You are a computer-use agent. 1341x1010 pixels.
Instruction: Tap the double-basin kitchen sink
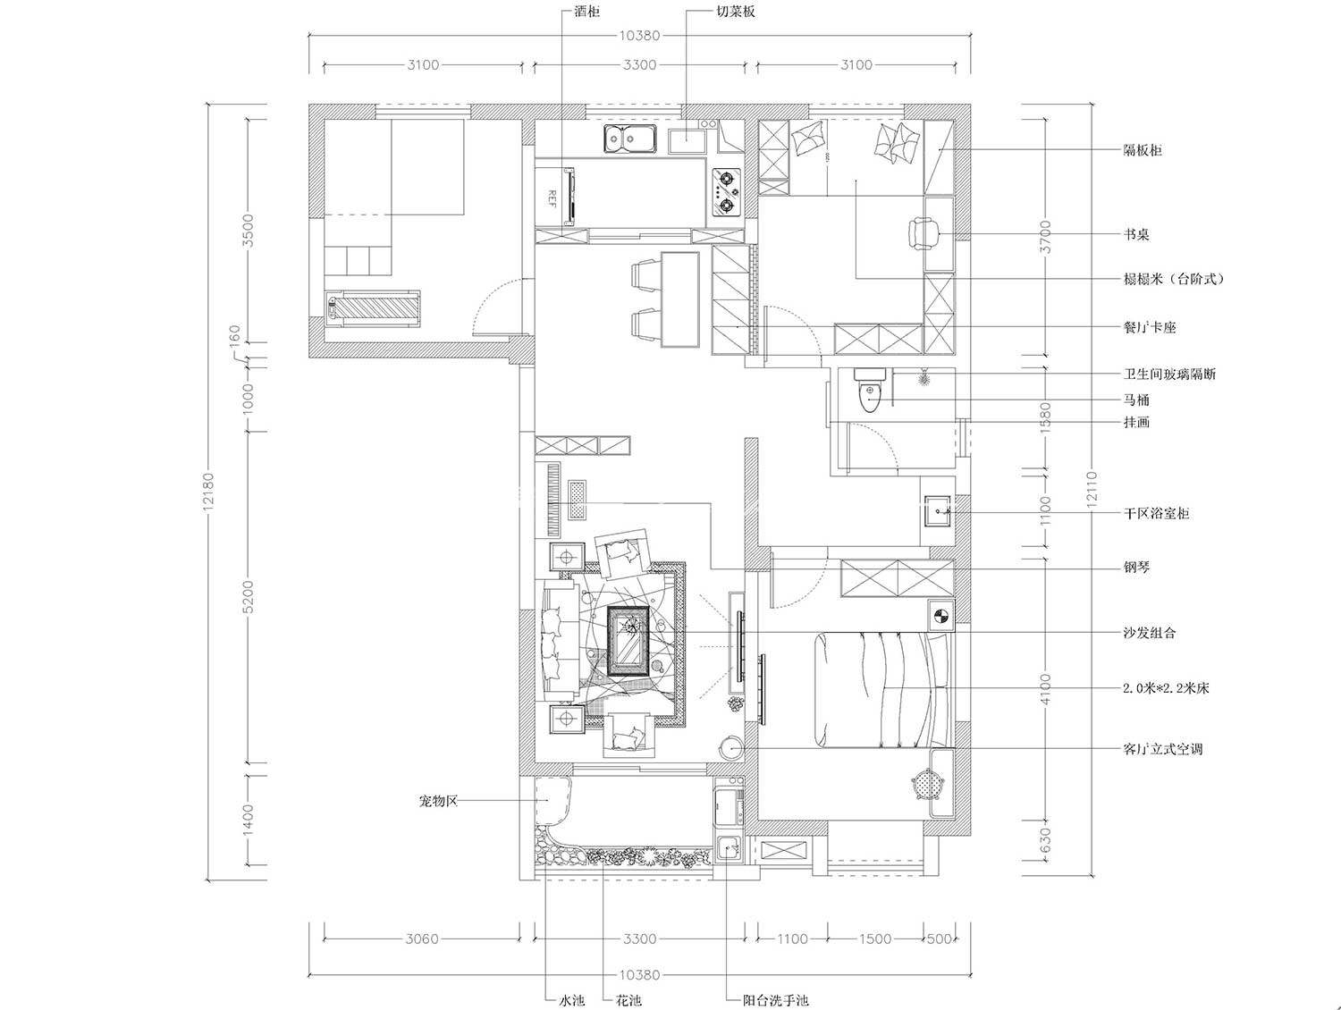[x=630, y=139]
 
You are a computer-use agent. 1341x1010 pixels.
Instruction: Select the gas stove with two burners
[x=726, y=192]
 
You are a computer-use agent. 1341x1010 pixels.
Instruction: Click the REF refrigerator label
[x=552, y=198]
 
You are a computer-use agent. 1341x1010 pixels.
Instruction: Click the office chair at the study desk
[x=924, y=234]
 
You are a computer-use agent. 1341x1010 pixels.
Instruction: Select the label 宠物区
[x=438, y=801]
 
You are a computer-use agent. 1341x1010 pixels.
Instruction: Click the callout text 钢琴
[x=1137, y=568]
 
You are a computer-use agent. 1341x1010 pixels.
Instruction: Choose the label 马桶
[x=1137, y=400]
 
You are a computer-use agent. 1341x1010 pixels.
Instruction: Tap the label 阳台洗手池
[x=775, y=1000]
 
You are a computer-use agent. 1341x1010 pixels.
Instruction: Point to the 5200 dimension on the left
[x=248, y=597]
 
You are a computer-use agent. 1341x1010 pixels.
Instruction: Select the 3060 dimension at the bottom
[x=422, y=938]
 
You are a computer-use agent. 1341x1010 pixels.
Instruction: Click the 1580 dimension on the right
[x=1045, y=417]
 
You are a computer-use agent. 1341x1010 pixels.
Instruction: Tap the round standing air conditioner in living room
[x=730, y=747]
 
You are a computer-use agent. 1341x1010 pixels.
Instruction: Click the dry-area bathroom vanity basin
[x=937, y=511]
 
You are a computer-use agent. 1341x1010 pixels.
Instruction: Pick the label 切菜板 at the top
[x=736, y=12]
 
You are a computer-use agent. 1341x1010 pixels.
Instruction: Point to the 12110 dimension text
[x=1092, y=487]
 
